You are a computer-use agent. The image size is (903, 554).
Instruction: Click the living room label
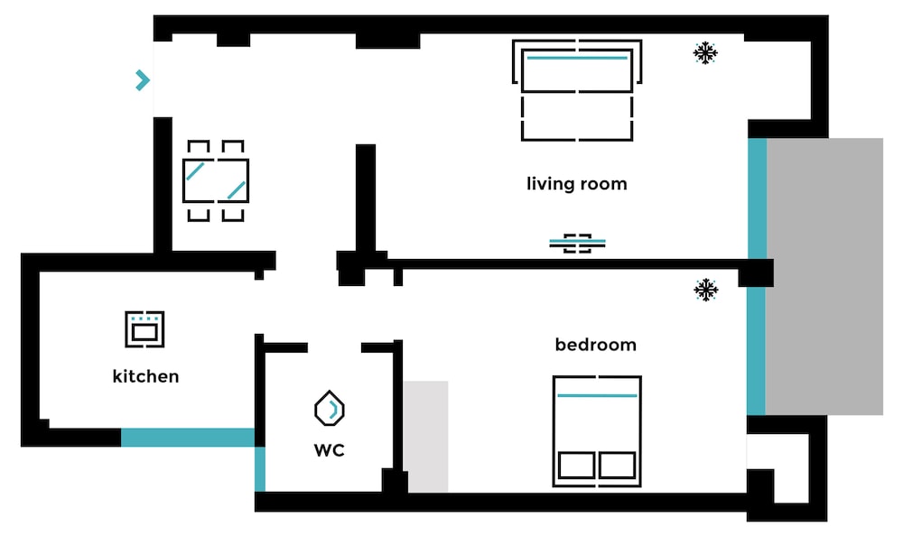click(576, 184)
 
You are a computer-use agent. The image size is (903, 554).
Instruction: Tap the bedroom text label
click(595, 345)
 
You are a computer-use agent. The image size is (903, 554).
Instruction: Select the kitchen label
click(145, 376)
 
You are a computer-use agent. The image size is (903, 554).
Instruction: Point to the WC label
click(329, 450)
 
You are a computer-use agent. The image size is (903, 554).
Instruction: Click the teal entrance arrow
click(143, 80)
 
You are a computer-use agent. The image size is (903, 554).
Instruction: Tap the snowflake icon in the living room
click(705, 53)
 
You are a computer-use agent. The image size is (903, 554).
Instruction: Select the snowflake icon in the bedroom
click(705, 290)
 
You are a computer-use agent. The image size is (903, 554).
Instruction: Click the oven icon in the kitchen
click(144, 329)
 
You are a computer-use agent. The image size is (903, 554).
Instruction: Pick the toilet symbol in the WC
click(330, 409)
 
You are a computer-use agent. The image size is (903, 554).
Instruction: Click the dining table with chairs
click(216, 180)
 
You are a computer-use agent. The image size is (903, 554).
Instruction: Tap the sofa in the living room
click(577, 90)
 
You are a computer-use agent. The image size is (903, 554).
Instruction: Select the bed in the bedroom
click(597, 431)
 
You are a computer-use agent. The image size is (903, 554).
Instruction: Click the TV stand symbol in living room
click(577, 244)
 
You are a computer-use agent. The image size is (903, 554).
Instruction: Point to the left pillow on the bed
click(576, 465)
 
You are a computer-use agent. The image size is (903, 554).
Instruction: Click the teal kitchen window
click(188, 438)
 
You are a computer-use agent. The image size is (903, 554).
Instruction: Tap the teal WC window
click(260, 469)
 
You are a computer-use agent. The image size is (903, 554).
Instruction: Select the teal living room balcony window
click(757, 199)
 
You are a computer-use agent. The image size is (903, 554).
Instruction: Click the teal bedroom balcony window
click(756, 351)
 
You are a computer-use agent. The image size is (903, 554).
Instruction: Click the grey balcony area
click(824, 276)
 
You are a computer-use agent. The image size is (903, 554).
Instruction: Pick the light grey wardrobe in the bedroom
click(425, 437)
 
